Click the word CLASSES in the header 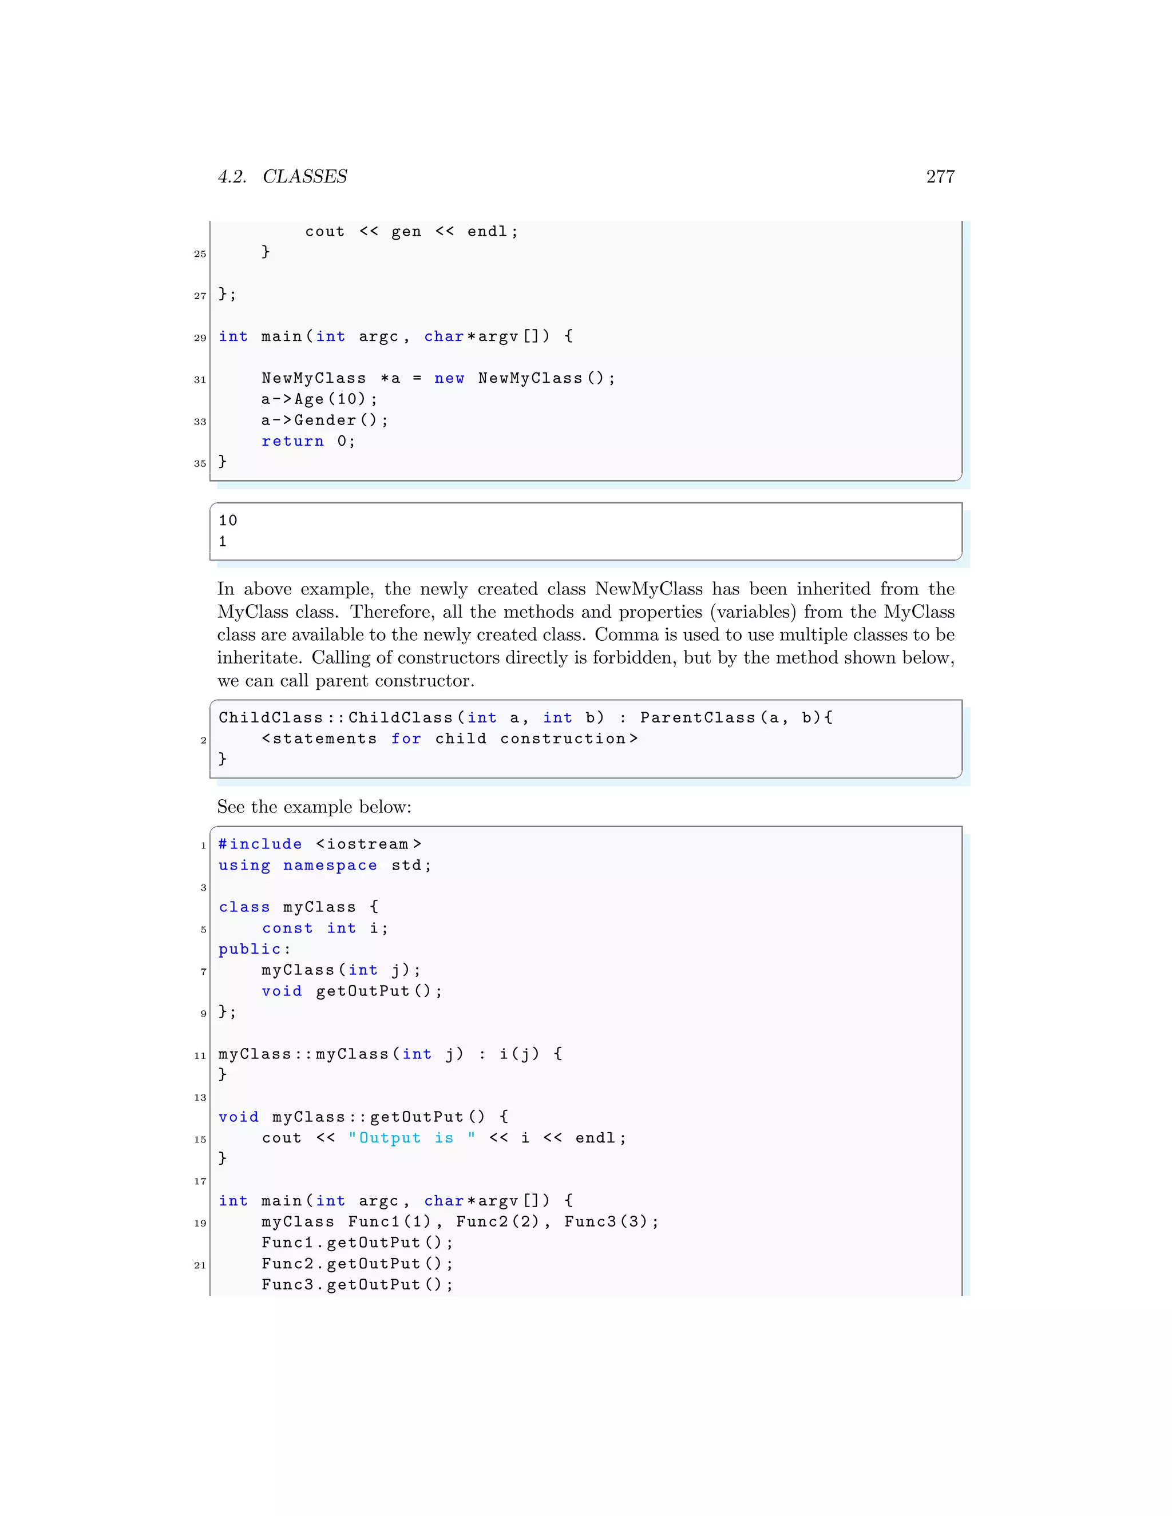click(x=305, y=177)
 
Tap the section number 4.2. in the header click(x=232, y=177)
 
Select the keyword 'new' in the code click(x=449, y=378)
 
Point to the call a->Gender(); click(x=324, y=420)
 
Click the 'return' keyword click(x=292, y=442)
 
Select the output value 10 click(x=228, y=521)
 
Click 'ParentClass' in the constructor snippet click(x=697, y=718)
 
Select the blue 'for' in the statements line click(x=406, y=739)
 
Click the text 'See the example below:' click(x=314, y=807)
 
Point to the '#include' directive click(x=260, y=844)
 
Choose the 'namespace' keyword click(x=330, y=866)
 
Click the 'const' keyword click(x=287, y=928)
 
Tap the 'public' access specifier click(x=250, y=949)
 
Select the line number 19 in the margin click(x=200, y=1223)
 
